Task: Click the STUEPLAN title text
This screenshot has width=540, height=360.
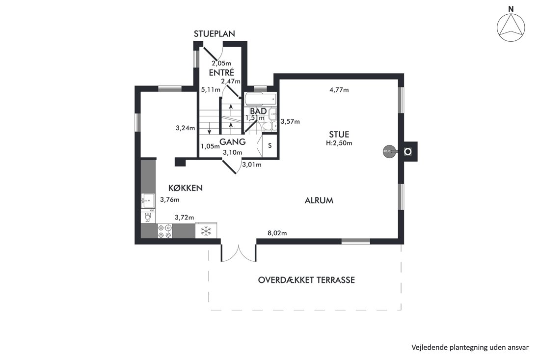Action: click(x=214, y=34)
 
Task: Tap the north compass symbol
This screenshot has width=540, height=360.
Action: click(x=511, y=26)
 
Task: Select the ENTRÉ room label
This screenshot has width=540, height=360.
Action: click(x=221, y=73)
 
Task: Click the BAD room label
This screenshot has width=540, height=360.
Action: click(x=258, y=111)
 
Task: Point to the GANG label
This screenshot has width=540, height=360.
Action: click(x=233, y=141)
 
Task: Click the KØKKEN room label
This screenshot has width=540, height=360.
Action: click(x=185, y=188)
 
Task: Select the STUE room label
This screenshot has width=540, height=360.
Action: click(x=339, y=135)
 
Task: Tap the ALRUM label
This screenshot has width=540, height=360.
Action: click(x=319, y=200)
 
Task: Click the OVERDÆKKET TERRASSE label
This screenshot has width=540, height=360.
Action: click(x=306, y=280)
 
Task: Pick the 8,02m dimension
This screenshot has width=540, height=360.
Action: click(x=277, y=233)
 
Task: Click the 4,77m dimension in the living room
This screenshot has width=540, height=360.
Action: click(x=339, y=90)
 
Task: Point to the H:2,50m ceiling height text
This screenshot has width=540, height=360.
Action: click(x=339, y=143)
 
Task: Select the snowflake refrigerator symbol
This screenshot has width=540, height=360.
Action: click(x=206, y=231)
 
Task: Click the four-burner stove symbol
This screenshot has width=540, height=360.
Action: click(x=164, y=231)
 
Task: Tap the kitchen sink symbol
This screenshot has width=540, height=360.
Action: click(x=148, y=200)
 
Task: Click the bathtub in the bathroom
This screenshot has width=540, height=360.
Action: click(x=260, y=100)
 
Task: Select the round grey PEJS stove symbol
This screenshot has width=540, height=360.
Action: click(x=388, y=151)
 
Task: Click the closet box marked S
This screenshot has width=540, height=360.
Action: click(x=270, y=146)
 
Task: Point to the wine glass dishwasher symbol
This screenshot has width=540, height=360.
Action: click(x=148, y=217)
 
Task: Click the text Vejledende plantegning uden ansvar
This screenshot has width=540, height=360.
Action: click(x=470, y=347)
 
